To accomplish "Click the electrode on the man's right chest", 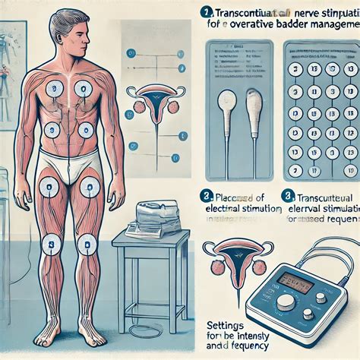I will coord(55,89).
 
